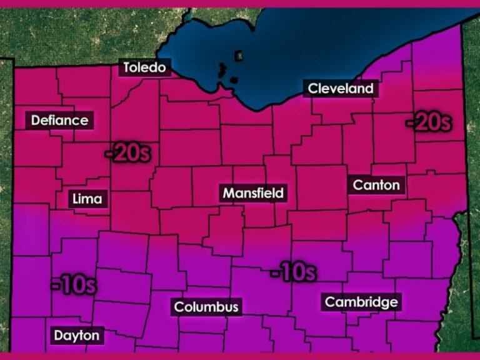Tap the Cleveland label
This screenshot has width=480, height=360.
(341, 88)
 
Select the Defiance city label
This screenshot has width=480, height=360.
(60, 120)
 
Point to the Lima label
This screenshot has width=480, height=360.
(87, 199)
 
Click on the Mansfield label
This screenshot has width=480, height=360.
(253, 193)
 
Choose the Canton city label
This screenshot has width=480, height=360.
(376, 185)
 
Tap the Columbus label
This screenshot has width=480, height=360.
(206, 307)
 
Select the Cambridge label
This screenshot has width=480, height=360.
(361, 302)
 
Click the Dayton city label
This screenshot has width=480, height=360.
(76, 336)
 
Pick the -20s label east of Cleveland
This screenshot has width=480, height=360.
(428, 122)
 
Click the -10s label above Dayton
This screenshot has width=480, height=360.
(74, 285)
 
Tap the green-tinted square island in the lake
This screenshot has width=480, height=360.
(238, 56)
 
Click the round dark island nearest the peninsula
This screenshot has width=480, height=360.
(232, 81)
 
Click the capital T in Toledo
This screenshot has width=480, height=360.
(127, 67)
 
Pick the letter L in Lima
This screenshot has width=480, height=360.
(76, 199)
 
